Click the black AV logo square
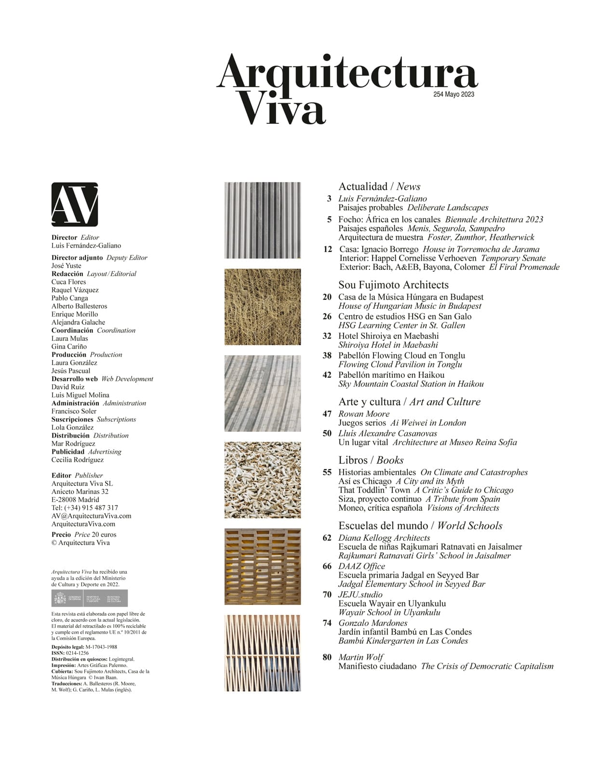point(75,204)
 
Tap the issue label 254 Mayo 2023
point(453,94)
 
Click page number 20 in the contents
point(327,297)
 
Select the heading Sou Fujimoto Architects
point(393,285)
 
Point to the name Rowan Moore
point(364,414)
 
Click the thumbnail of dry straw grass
point(263,307)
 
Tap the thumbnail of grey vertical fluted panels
point(263,220)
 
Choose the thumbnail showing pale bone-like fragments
point(263,480)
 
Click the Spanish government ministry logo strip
point(90,599)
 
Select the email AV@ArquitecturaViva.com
point(91,516)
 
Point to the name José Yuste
point(67,266)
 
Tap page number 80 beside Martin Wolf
point(327,657)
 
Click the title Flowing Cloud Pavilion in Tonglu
point(400,364)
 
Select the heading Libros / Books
point(371,460)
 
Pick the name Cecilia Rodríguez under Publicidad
point(78,460)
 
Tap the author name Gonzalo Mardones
point(373,623)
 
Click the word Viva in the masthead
point(282,111)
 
